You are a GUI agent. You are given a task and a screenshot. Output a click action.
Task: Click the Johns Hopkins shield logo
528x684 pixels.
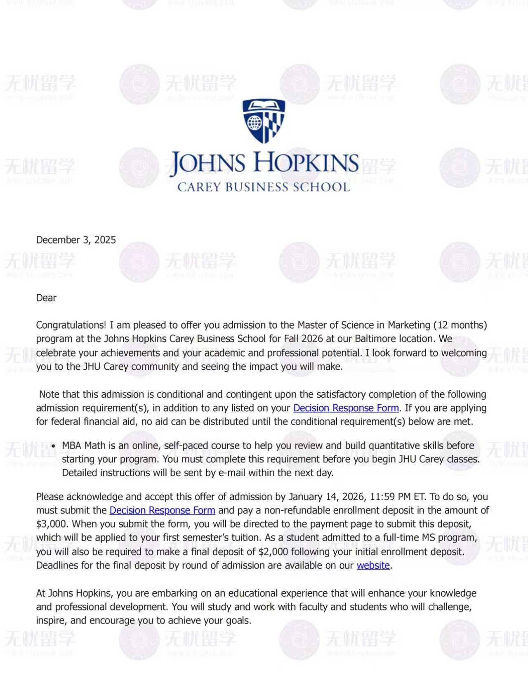(264, 121)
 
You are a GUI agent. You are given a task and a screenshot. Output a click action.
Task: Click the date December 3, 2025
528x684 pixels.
(76, 240)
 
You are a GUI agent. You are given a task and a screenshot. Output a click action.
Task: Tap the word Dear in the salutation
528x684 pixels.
(46, 298)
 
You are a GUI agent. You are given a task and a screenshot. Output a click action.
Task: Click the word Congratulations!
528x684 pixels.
(71, 325)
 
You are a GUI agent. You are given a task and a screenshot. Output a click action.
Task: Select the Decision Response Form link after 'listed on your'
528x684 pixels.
(346, 408)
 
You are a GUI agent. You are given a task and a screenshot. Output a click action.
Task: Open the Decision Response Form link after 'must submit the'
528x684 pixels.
(162, 511)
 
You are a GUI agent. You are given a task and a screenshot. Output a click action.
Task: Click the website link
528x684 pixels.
(373, 566)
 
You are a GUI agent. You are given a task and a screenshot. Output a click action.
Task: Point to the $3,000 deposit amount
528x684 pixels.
(52, 524)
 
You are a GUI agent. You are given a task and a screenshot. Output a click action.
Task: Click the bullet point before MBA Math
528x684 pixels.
(54, 446)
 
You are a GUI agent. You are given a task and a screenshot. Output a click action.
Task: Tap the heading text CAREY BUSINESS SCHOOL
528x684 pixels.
(264, 187)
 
